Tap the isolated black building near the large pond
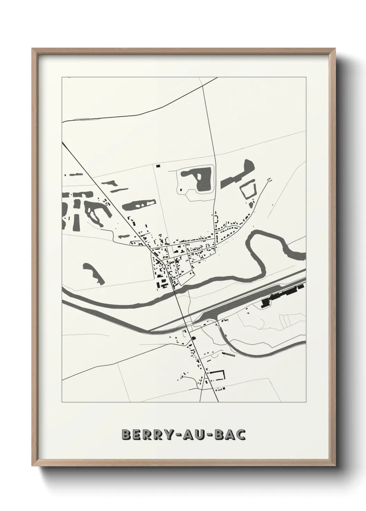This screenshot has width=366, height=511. pyautogui.click(x=158, y=166)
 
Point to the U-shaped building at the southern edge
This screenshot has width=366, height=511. pyautogui.click(x=219, y=375)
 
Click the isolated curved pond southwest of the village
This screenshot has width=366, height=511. pyautogui.click(x=93, y=273)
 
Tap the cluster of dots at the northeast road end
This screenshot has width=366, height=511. pyautogui.click(x=269, y=179)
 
